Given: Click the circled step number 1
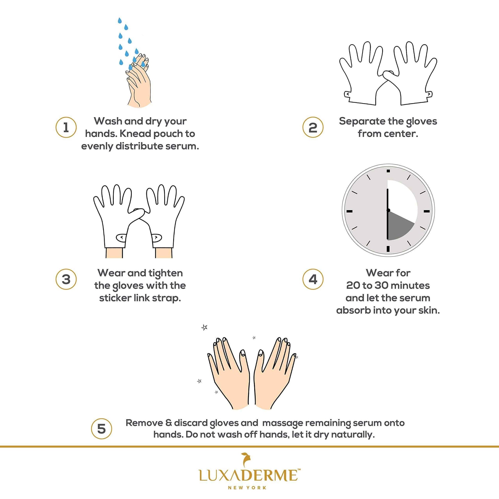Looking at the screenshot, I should coord(66,127).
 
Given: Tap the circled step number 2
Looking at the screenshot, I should coord(313,127).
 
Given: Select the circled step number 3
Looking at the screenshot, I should coord(66,279).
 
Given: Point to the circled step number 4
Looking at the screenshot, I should coord(313,279).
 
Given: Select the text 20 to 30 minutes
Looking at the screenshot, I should coord(388,285).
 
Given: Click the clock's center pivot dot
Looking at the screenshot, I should coord(388,211).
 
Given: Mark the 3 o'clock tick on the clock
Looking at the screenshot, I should coord(427,211).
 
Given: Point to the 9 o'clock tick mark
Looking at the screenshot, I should coord(349,211).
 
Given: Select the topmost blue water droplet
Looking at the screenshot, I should coord(119,21).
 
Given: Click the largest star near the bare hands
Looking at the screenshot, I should coord(204,328).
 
